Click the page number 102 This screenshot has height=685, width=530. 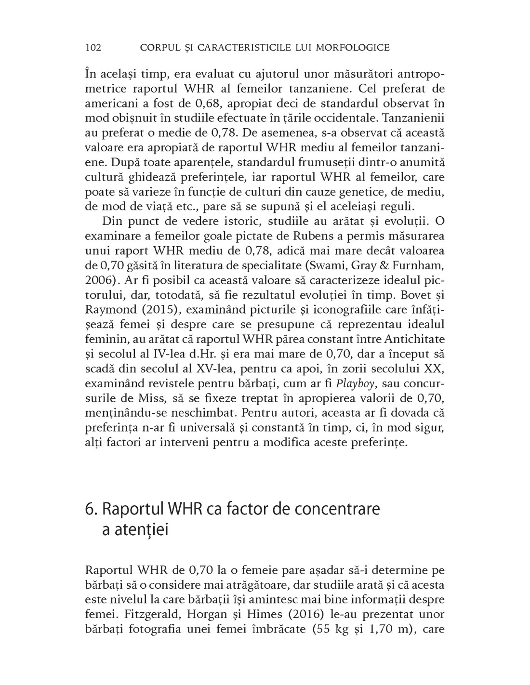(x=93, y=47)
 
